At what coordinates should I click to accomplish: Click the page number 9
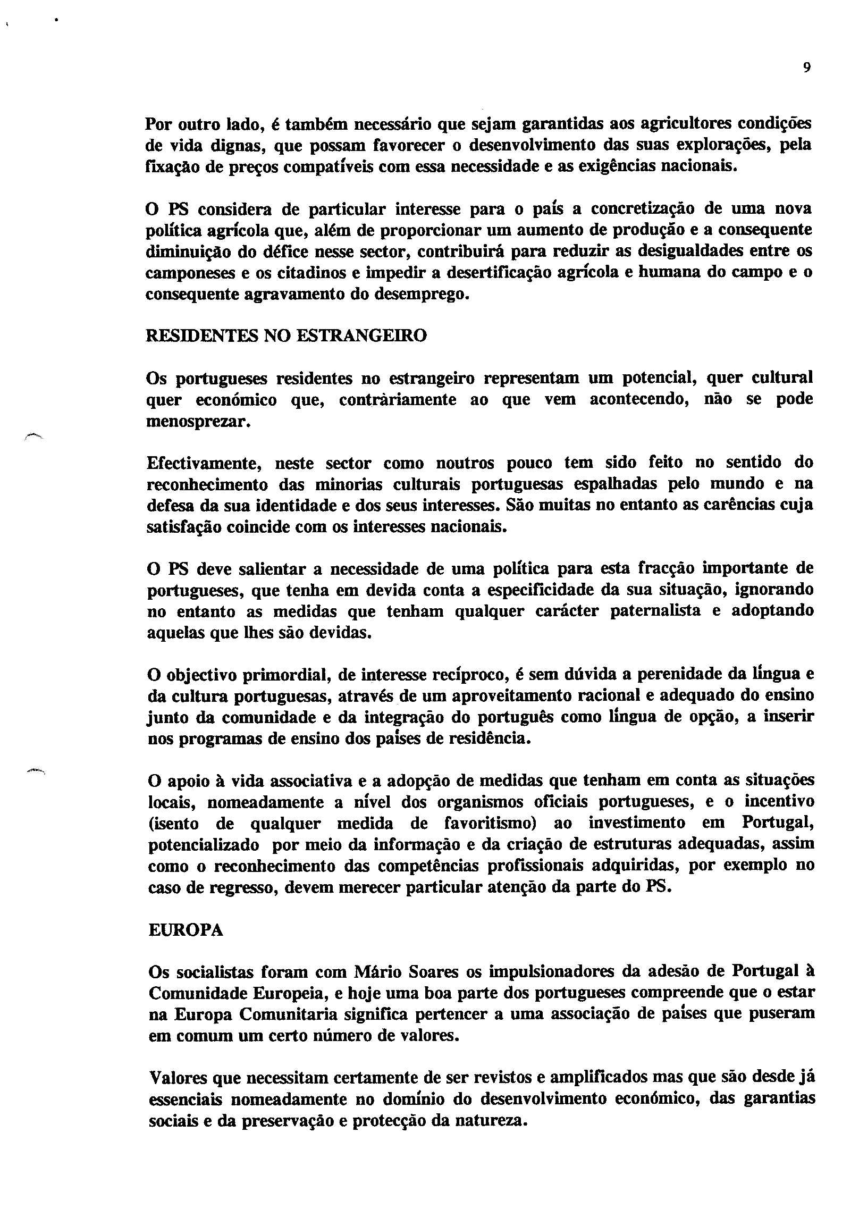(x=806, y=68)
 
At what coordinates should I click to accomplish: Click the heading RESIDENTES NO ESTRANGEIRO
(x=286, y=336)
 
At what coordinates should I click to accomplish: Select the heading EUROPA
(x=185, y=930)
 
